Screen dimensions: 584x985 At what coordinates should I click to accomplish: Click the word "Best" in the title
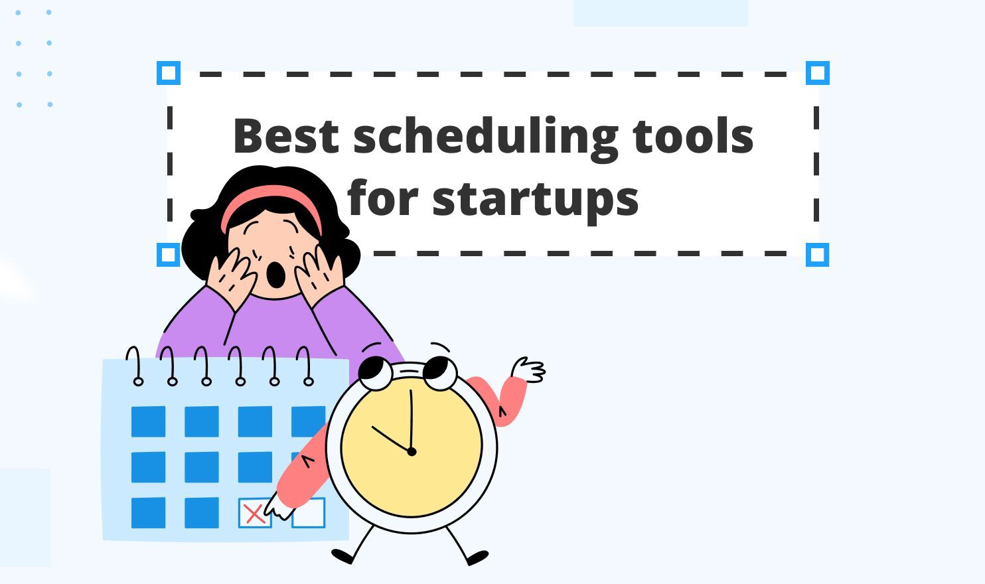point(287,136)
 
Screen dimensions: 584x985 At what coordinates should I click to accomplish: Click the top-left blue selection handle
point(169,73)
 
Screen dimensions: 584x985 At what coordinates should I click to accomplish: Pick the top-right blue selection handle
point(817,73)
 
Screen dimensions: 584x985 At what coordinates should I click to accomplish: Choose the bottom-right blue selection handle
point(817,255)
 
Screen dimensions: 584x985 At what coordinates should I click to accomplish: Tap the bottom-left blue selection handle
point(169,255)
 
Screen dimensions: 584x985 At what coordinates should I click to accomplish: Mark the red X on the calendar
point(254,513)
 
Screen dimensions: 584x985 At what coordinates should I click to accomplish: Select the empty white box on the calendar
point(309,512)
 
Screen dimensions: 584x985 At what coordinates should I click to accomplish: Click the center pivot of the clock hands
point(412,452)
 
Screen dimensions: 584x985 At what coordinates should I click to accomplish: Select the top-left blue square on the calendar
point(148,421)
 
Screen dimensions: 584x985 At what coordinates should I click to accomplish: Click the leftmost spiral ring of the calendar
point(137,366)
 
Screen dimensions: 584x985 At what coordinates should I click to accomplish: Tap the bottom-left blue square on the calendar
point(148,512)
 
